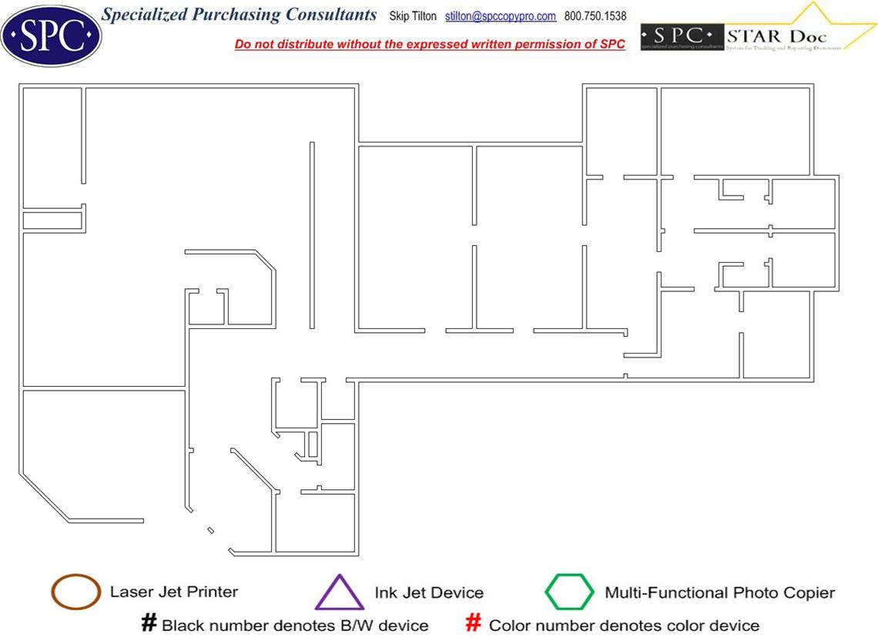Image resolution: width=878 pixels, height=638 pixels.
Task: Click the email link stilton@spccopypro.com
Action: [x=501, y=16]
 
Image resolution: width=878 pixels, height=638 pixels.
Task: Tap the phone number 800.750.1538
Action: [x=595, y=16]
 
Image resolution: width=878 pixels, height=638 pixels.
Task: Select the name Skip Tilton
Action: [x=413, y=16]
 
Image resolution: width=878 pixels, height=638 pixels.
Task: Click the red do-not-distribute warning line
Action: [x=430, y=44]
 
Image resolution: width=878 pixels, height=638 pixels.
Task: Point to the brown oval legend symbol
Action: [x=75, y=592]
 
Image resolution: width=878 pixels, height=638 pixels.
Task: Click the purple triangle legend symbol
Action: [x=339, y=593]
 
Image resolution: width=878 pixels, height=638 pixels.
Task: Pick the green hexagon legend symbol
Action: [x=570, y=593]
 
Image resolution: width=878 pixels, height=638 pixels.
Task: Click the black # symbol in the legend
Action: [x=149, y=623]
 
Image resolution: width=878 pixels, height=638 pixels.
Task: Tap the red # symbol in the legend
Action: [x=475, y=623]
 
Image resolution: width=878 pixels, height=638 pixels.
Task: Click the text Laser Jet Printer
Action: [x=174, y=592]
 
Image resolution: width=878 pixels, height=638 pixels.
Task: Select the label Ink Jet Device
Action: [x=429, y=593]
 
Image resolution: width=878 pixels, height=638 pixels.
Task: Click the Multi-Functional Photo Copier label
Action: [x=719, y=593]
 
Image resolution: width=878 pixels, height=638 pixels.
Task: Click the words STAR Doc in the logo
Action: [x=776, y=36]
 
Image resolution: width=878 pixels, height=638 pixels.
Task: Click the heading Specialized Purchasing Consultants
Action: [x=240, y=15]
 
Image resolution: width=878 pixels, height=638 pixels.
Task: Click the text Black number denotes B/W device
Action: [x=295, y=625]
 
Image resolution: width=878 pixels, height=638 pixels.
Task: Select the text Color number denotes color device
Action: [x=624, y=625]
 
